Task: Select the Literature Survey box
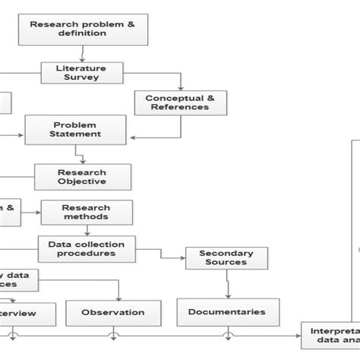click(x=81, y=72)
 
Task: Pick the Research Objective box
click(x=82, y=176)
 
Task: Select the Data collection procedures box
click(x=87, y=248)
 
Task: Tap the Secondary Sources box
click(x=226, y=257)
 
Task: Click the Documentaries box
click(x=227, y=311)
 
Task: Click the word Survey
click(x=81, y=77)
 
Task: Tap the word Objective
click(x=82, y=182)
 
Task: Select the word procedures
click(x=87, y=253)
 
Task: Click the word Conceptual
click(x=175, y=97)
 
